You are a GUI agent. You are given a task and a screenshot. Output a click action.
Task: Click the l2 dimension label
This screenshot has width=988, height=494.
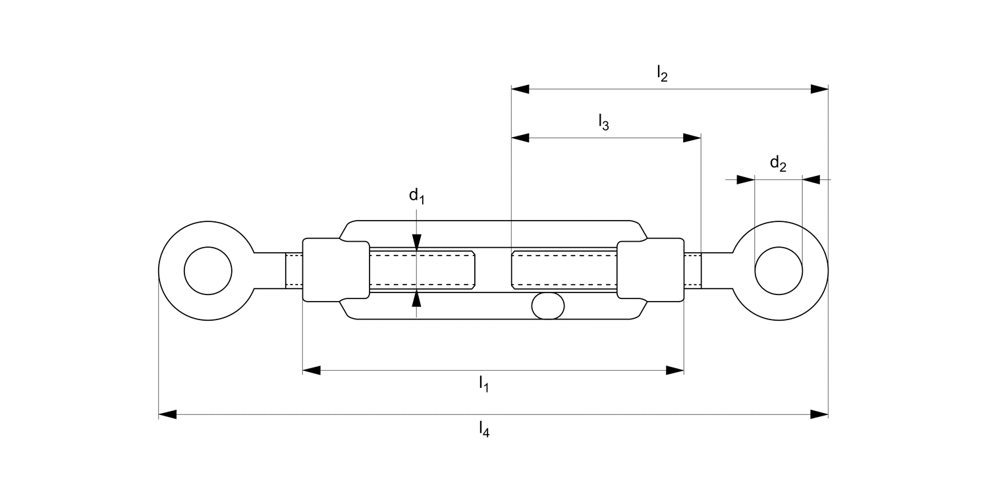click(662, 74)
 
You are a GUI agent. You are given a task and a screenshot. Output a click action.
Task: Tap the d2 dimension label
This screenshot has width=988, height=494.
click(778, 163)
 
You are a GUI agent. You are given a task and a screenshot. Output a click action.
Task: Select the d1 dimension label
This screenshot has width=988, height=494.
click(416, 196)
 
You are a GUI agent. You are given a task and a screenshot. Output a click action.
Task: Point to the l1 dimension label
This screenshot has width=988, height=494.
click(483, 383)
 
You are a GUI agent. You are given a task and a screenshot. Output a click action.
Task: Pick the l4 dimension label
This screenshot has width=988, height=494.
click(484, 429)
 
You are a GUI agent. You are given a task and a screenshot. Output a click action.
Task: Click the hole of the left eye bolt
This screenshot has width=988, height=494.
click(208, 271)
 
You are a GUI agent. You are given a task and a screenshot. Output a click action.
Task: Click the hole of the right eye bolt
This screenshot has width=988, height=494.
click(779, 271)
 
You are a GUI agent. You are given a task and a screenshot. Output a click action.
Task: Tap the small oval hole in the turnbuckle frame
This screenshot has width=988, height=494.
click(548, 306)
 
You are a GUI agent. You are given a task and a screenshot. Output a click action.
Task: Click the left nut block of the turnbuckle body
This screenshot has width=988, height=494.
click(336, 271)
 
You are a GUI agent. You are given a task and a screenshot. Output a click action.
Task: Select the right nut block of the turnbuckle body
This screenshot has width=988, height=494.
click(651, 271)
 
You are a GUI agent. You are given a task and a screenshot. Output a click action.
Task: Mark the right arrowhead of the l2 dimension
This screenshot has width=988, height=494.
click(819, 89)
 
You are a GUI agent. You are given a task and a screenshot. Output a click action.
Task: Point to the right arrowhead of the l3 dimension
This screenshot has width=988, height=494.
click(692, 138)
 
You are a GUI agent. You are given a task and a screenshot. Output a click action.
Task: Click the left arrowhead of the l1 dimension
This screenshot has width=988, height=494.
click(312, 370)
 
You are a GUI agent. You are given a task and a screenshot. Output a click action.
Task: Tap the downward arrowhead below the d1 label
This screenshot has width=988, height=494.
click(416, 242)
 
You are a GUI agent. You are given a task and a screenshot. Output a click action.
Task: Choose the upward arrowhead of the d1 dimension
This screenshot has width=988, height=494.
click(416, 300)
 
